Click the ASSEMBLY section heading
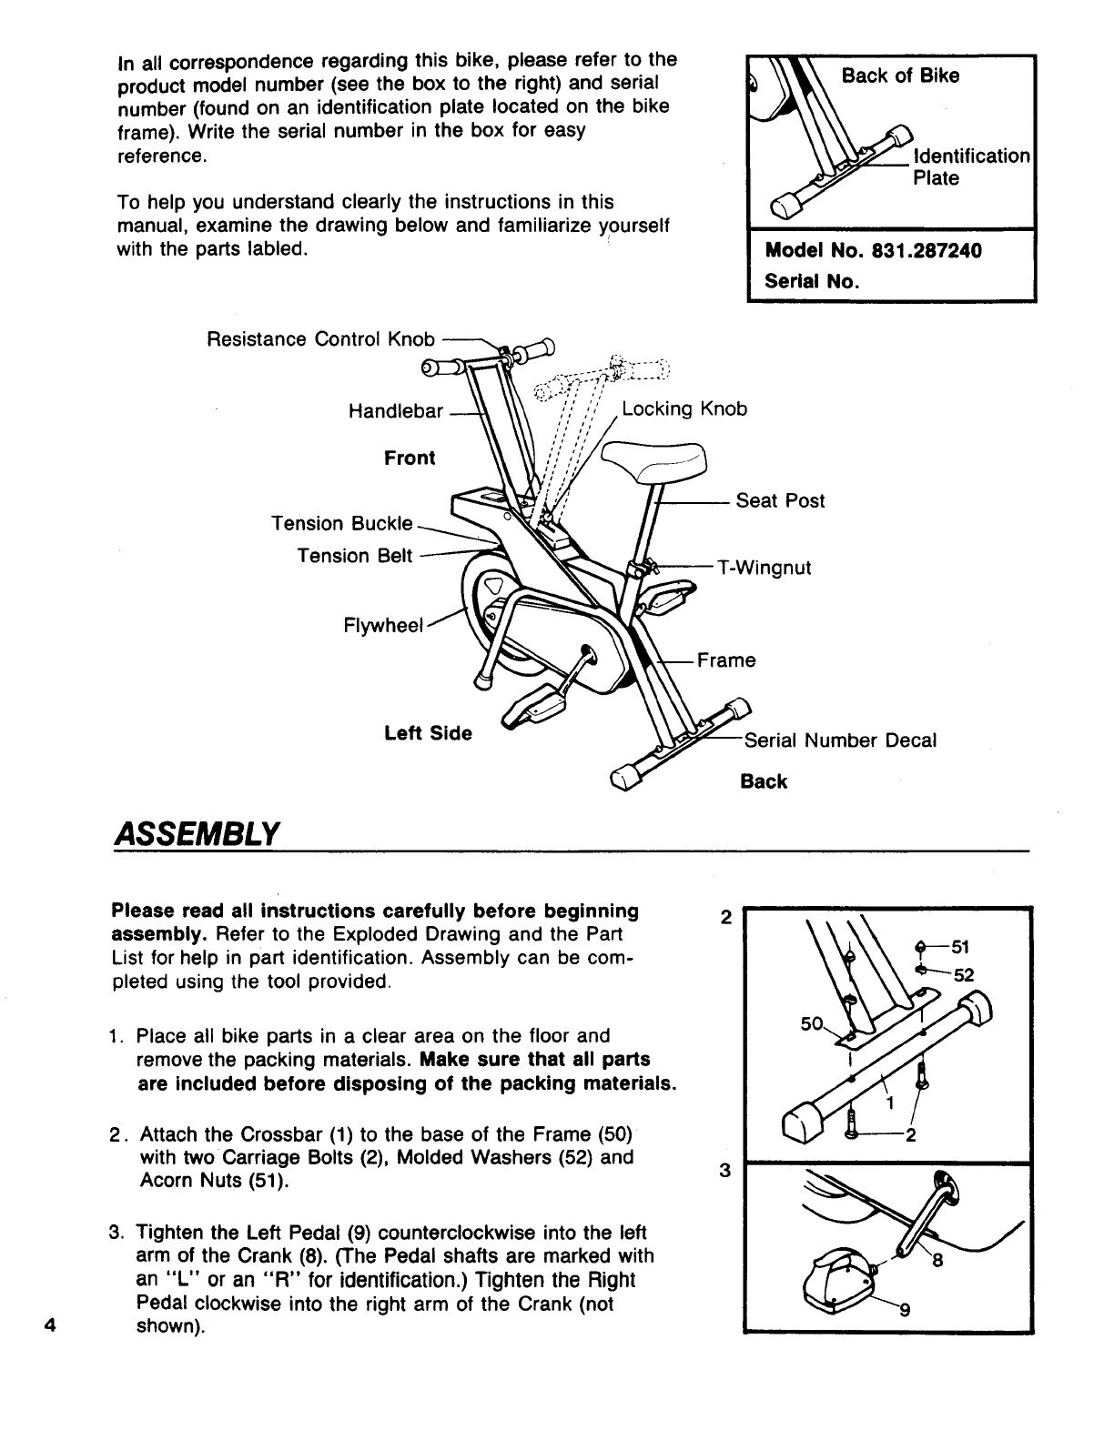(194, 831)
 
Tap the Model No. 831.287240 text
(874, 251)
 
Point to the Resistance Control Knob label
(321, 339)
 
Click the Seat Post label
(780, 500)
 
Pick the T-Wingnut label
(764, 569)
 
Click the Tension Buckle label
(342, 524)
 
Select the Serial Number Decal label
(840, 740)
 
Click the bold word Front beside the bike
(410, 458)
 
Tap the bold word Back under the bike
(764, 782)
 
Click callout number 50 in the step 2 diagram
(811, 1024)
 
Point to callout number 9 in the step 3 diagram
(905, 1311)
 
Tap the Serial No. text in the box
(813, 281)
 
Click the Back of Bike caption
(900, 76)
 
